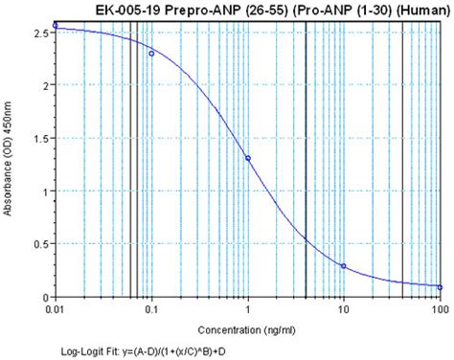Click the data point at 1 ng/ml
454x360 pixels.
click(x=248, y=159)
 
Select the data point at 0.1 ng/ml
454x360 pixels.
click(x=151, y=54)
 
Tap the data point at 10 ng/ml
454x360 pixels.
click(x=344, y=266)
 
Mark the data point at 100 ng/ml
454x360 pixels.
click(x=440, y=287)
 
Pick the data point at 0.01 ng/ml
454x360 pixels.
click(x=56, y=25)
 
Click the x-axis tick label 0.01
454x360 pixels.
click(x=57, y=311)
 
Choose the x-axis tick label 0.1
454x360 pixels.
click(x=151, y=311)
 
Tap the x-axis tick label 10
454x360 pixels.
click(x=344, y=311)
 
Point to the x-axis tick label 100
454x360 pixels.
click(x=439, y=311)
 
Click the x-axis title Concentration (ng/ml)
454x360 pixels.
click(x=247, y=328)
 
